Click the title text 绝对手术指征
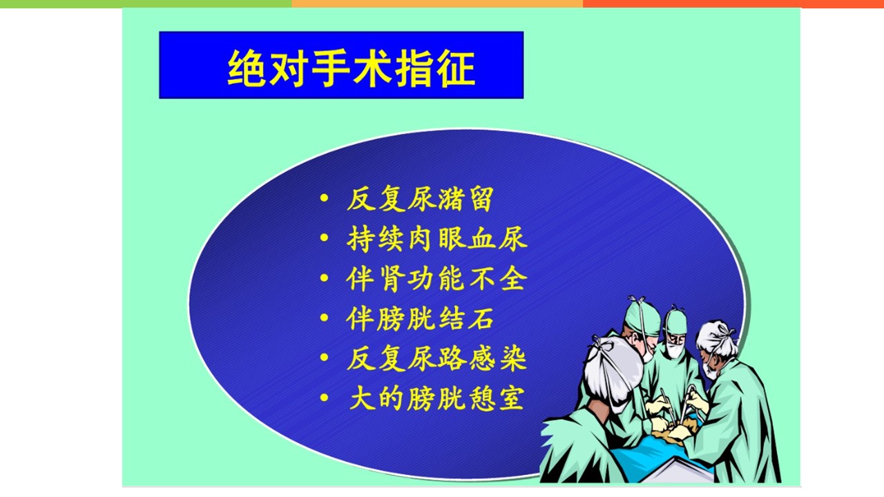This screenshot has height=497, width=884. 352,68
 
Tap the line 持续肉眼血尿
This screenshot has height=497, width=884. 437,239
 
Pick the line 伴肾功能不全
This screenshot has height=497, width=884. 436,279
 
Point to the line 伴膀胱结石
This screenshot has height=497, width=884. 420,319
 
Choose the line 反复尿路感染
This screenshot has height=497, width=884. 436,358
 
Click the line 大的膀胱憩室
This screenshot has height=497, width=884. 437,399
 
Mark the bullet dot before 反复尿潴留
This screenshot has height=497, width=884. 324,197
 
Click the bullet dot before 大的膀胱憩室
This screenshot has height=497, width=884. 324,397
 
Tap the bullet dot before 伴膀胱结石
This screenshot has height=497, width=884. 324,317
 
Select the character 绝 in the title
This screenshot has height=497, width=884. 247,68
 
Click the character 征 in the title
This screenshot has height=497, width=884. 456,68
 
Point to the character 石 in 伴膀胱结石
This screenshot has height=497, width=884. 481,319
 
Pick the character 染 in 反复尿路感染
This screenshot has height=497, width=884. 514,358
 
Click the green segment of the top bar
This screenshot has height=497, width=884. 146,3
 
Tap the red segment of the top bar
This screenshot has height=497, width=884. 733,3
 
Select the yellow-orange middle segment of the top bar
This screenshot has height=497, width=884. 437,3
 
